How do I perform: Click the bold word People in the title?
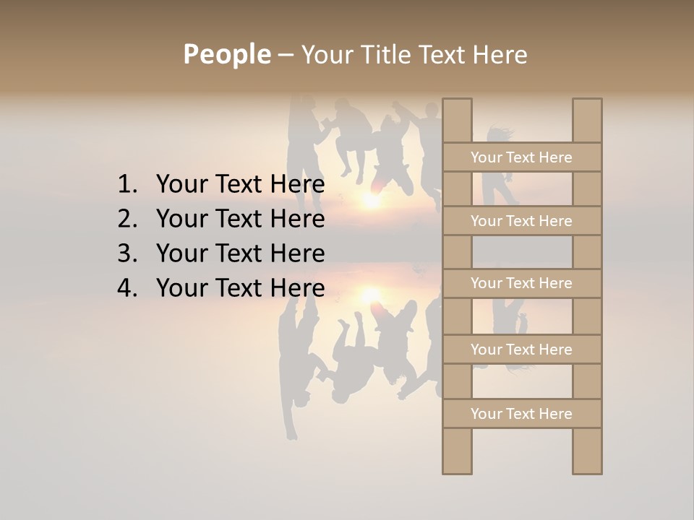(226, 54)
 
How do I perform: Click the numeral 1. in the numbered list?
(127, 185)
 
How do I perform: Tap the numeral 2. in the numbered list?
(127, 219)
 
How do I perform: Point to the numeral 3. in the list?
(127, 253)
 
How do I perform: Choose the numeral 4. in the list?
(127, 288)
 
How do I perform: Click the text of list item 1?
(240, 185)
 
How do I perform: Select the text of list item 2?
(240, 219)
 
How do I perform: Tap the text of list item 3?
(240, 253)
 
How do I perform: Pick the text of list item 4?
(240, 288)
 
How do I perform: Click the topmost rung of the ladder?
(522, 157)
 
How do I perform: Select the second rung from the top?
(522, 221)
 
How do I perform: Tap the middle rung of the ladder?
(522, 283)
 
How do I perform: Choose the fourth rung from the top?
(522, 350)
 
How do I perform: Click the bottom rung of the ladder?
(522, 414)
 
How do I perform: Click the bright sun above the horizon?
(372, 200)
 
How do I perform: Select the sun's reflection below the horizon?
(371, 294)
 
